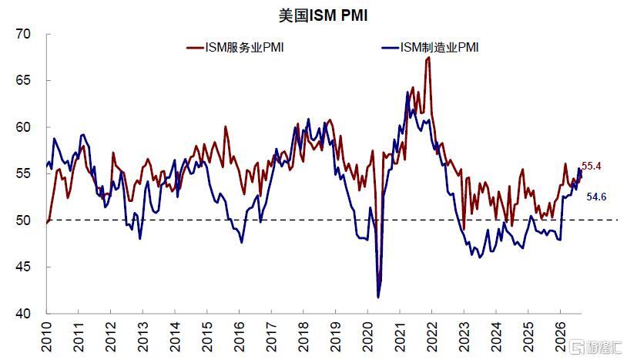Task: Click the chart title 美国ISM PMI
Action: coord(323,15)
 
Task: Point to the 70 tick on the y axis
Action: coord(23,34)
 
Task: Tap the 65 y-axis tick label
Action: coord(23,80)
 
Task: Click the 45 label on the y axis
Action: coord(23,267)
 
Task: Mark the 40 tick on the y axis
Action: coord(23,313)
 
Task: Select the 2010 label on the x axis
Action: coord(47,336)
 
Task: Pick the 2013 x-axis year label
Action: coord(143,336)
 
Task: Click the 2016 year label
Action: coord(239,336)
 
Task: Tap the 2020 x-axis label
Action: coord(368,336)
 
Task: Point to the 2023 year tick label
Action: coord(464,336)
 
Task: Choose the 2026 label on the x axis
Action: coord(560,336)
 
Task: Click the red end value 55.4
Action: coord(592,166)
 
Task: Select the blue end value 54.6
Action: coord(597,197)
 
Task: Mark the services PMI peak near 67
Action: coord(429,58)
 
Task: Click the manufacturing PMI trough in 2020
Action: coord(378,298)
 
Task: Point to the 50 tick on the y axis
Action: coord(23,220)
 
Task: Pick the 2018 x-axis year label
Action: coord(303,336)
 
